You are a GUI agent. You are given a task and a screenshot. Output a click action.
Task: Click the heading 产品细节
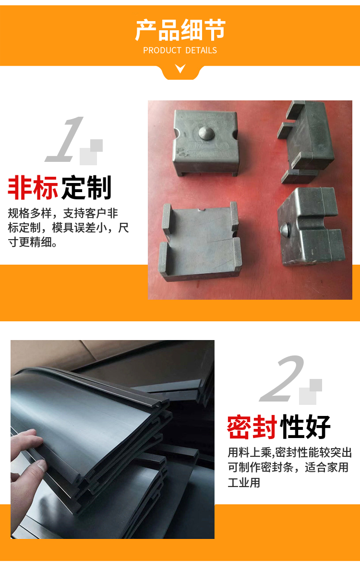point(180,30)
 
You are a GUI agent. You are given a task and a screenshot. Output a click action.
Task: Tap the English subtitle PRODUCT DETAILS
point(180,50)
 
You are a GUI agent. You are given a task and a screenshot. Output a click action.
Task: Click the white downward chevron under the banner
point(180,68)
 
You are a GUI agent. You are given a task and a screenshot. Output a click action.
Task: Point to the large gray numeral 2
point(282,378)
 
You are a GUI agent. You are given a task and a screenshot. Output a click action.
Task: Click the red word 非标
point(33,188)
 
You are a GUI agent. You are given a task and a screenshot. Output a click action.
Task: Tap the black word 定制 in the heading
point(86,188)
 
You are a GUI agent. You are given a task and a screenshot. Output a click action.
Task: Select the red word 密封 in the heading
point(252,427)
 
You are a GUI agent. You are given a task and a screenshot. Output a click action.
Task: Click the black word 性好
point(305,427)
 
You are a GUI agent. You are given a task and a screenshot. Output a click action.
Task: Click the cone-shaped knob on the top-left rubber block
point(206,132)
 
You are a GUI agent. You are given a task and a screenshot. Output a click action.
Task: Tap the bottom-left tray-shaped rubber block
point(200,241)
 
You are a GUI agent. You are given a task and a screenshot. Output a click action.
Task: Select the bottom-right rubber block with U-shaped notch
point(311,226)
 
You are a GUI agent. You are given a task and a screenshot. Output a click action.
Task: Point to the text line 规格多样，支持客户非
point(63,213)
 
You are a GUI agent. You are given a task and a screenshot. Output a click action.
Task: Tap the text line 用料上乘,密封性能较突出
point(290,452)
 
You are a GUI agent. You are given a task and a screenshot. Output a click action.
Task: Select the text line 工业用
point(244,482)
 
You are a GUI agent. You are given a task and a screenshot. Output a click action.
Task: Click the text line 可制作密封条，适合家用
point(288,467)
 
